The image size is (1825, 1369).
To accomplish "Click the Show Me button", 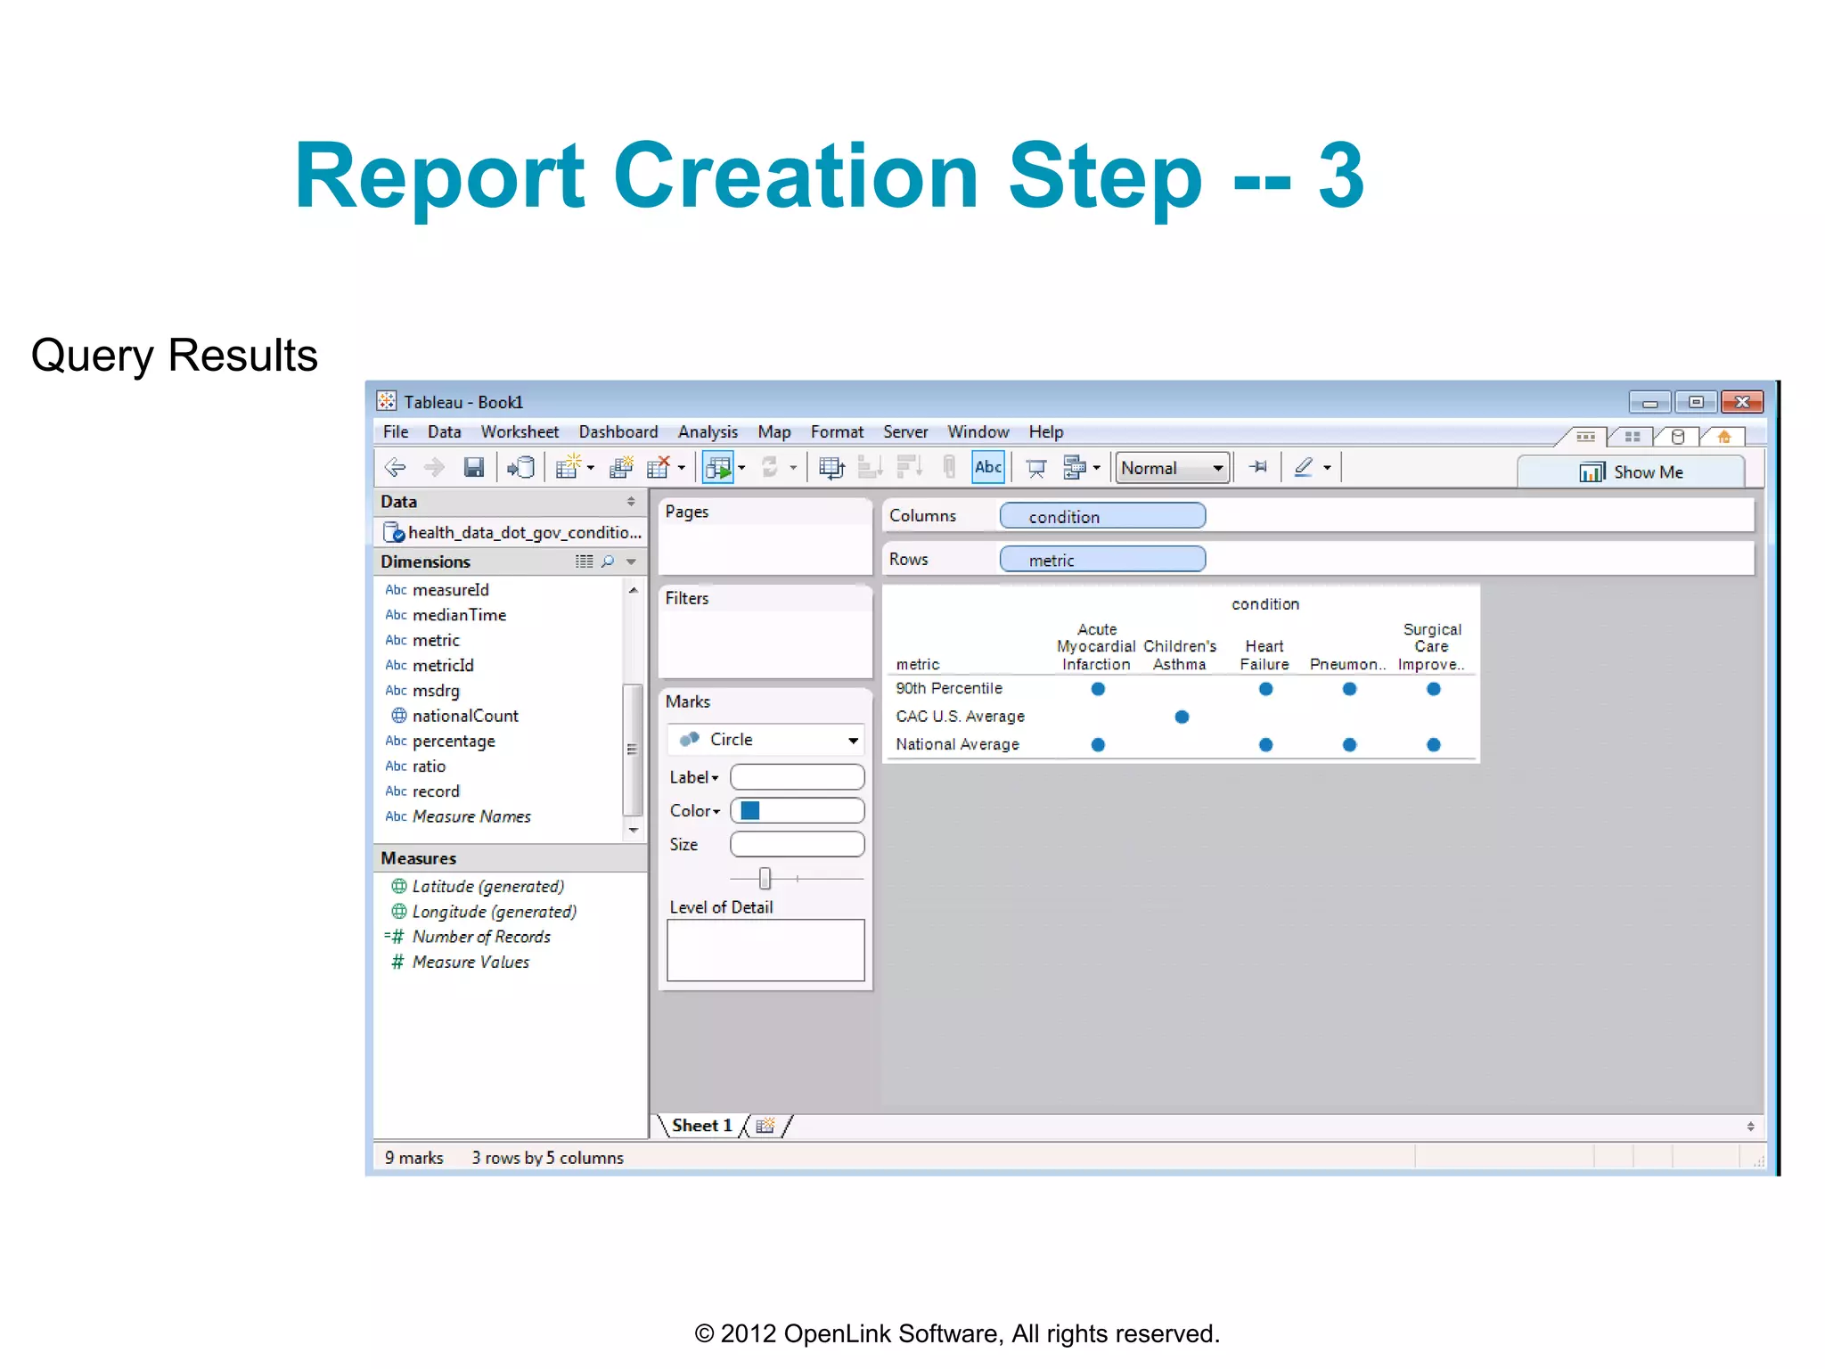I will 1631,471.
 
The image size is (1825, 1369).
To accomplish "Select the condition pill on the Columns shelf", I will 1101,516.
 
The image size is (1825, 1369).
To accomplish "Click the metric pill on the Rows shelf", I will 1101,560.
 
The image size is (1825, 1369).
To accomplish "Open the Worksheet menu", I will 520,432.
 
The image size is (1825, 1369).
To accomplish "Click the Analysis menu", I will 708,432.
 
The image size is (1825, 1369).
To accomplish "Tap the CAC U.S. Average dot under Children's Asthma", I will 1182,717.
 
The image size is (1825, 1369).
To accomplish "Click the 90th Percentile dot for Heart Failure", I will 1265,689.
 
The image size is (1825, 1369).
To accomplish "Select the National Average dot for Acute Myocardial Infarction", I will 1098,745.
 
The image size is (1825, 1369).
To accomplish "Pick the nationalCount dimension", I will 464,716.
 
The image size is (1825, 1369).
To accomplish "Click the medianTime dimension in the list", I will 459,615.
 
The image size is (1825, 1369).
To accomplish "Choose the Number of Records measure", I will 481,937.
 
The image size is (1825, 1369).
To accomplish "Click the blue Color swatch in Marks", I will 750,810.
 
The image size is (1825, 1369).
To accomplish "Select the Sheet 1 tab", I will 701,1126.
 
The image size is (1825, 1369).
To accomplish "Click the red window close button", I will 1741,402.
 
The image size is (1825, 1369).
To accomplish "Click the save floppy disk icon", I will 474,467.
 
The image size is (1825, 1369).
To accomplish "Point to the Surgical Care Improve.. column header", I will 1431,647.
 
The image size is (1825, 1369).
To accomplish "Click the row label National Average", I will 957,744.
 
